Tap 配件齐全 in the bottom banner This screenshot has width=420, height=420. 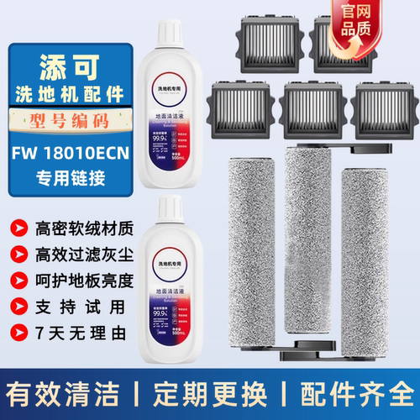point(360,393)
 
